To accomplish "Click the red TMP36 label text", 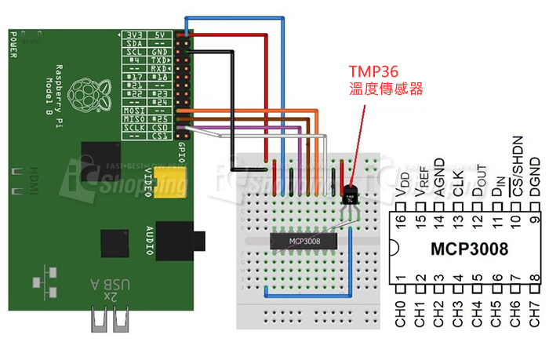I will tap(375, 68).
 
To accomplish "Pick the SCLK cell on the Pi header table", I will tap(134, 126).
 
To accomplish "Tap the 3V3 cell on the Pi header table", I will tap(134, 35).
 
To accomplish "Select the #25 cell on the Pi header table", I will tap(159, 118).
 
